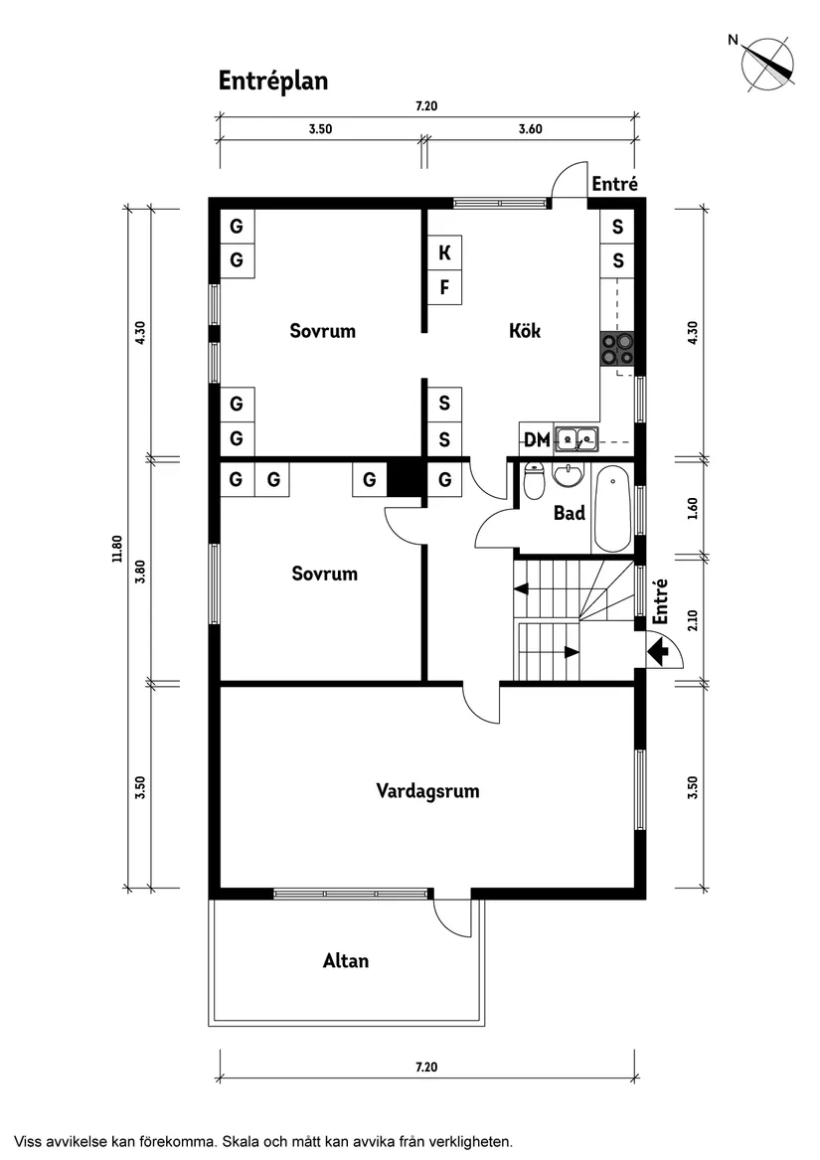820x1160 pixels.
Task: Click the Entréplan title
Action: point(273,82)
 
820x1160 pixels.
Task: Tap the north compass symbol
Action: point(767,64)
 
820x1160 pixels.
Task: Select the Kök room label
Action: point(525,331)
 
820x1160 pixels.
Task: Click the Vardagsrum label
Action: point(427,791)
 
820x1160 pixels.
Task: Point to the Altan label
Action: point(346,961)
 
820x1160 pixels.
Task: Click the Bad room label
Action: point(570,514)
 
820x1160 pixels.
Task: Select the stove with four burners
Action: point(617,350)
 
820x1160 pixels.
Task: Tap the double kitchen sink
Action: point(575,437)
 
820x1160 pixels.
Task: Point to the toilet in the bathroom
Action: point(535,483)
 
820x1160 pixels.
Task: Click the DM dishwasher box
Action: point(537,439)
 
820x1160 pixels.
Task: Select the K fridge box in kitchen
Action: point(445,253)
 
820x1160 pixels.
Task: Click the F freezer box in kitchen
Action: point(445,289)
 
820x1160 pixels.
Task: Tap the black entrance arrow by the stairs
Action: point(657,652)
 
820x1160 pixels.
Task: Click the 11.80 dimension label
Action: point(117,550)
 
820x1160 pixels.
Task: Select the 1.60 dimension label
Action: point(694,507)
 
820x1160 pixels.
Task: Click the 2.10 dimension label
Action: point(694,620)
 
